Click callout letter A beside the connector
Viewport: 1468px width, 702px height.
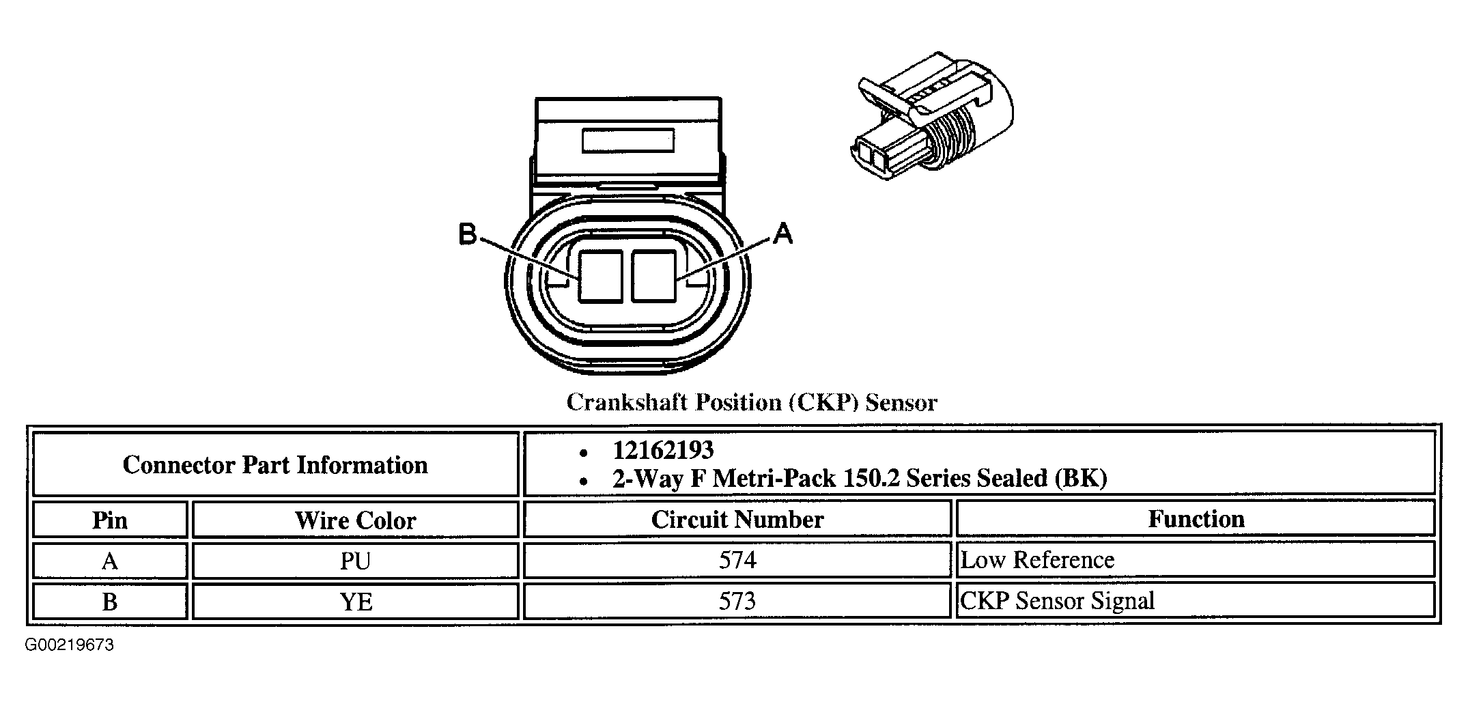pos(784,234)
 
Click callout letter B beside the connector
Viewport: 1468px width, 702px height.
pos(468,234)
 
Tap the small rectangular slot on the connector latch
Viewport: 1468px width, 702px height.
pos(627,141)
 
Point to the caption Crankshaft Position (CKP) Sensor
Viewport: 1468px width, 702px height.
pos(752,402)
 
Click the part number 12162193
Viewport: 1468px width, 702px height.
pos(663,450)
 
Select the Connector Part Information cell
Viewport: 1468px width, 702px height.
pos(275,465)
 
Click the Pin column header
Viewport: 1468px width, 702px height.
pos(110,520)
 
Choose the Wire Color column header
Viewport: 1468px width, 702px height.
pos(356,520)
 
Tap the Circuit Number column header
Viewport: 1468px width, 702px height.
pos(737,520)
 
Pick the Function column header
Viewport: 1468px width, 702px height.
pos(1196,519)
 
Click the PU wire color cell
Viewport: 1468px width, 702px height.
pos(356,561)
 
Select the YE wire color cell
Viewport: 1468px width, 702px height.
pos(356,602)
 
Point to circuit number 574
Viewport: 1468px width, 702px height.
pos(737,560)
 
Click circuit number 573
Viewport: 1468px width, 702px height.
pos(737,601)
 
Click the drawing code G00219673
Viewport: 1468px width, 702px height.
pos(70,645)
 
